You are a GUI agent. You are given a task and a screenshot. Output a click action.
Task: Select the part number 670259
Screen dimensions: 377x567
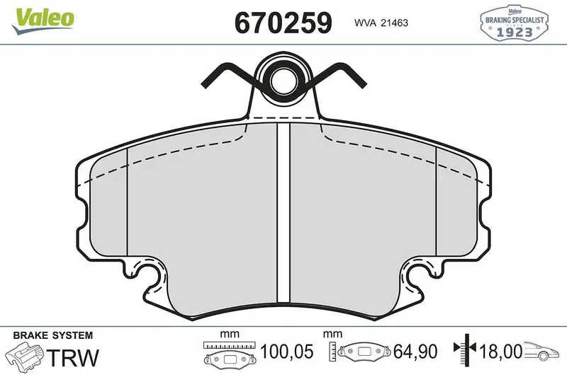click(x=283, y=23)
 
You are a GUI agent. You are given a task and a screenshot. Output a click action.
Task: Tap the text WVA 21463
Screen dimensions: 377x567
click(x=380, y=23)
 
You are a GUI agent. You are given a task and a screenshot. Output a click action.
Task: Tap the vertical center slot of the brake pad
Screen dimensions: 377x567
click(x=283, y=212)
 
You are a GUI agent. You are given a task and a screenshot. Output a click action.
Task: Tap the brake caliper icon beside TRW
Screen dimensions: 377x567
click(x=26, y=354)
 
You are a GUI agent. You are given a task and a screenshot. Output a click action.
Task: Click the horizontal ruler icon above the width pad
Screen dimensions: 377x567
click(x=229, y=344)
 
